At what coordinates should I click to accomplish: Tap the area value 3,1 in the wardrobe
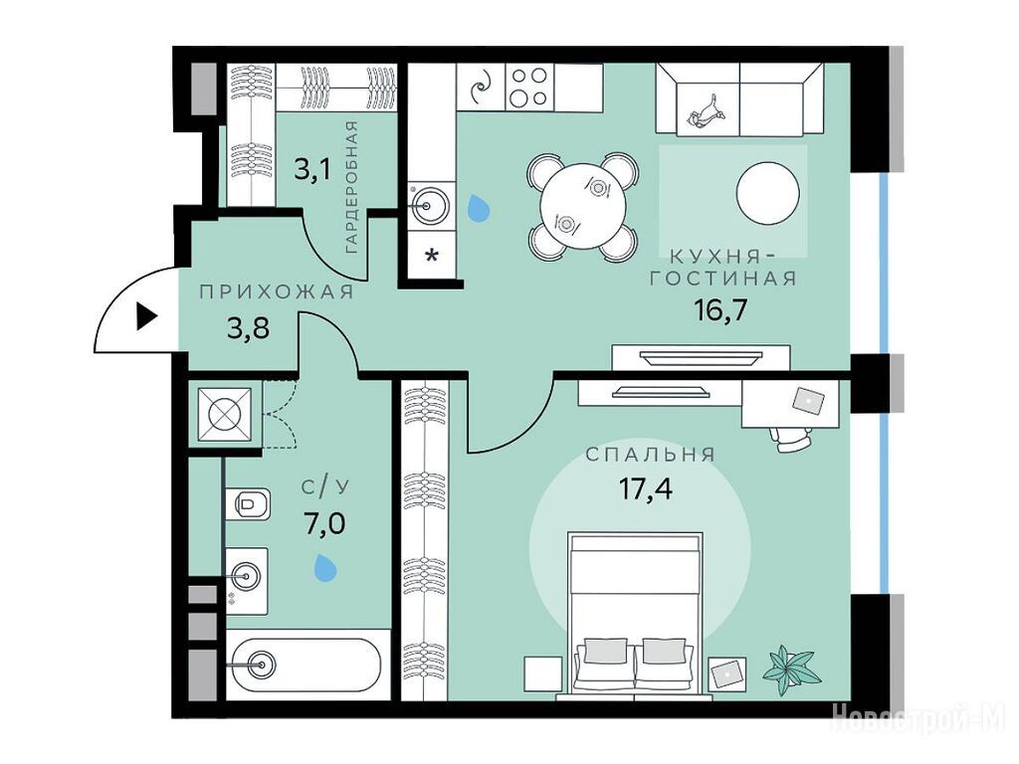pos(312,170)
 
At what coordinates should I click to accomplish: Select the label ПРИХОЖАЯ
pos(277,292)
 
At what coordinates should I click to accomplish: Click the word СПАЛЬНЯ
pos(651,454)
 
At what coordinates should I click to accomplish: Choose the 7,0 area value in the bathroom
pos(325,521)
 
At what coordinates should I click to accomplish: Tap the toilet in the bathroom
pos(248,502)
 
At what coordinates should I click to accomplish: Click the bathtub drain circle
pos(263,665)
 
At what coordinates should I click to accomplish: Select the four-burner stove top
pos(528,87)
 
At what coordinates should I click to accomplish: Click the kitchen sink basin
pos(429,206)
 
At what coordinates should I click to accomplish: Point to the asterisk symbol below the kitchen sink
pos(430,255)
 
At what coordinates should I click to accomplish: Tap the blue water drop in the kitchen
pos(479,208)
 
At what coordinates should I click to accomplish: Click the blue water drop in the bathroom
pos(325,567)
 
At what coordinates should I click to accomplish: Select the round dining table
pos(583,206)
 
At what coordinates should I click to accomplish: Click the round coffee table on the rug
pos(768,193)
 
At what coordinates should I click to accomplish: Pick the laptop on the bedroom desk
pos(808,400)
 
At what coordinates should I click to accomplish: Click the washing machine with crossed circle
pos(224,415)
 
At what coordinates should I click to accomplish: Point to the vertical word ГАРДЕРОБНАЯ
pos(351,187)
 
